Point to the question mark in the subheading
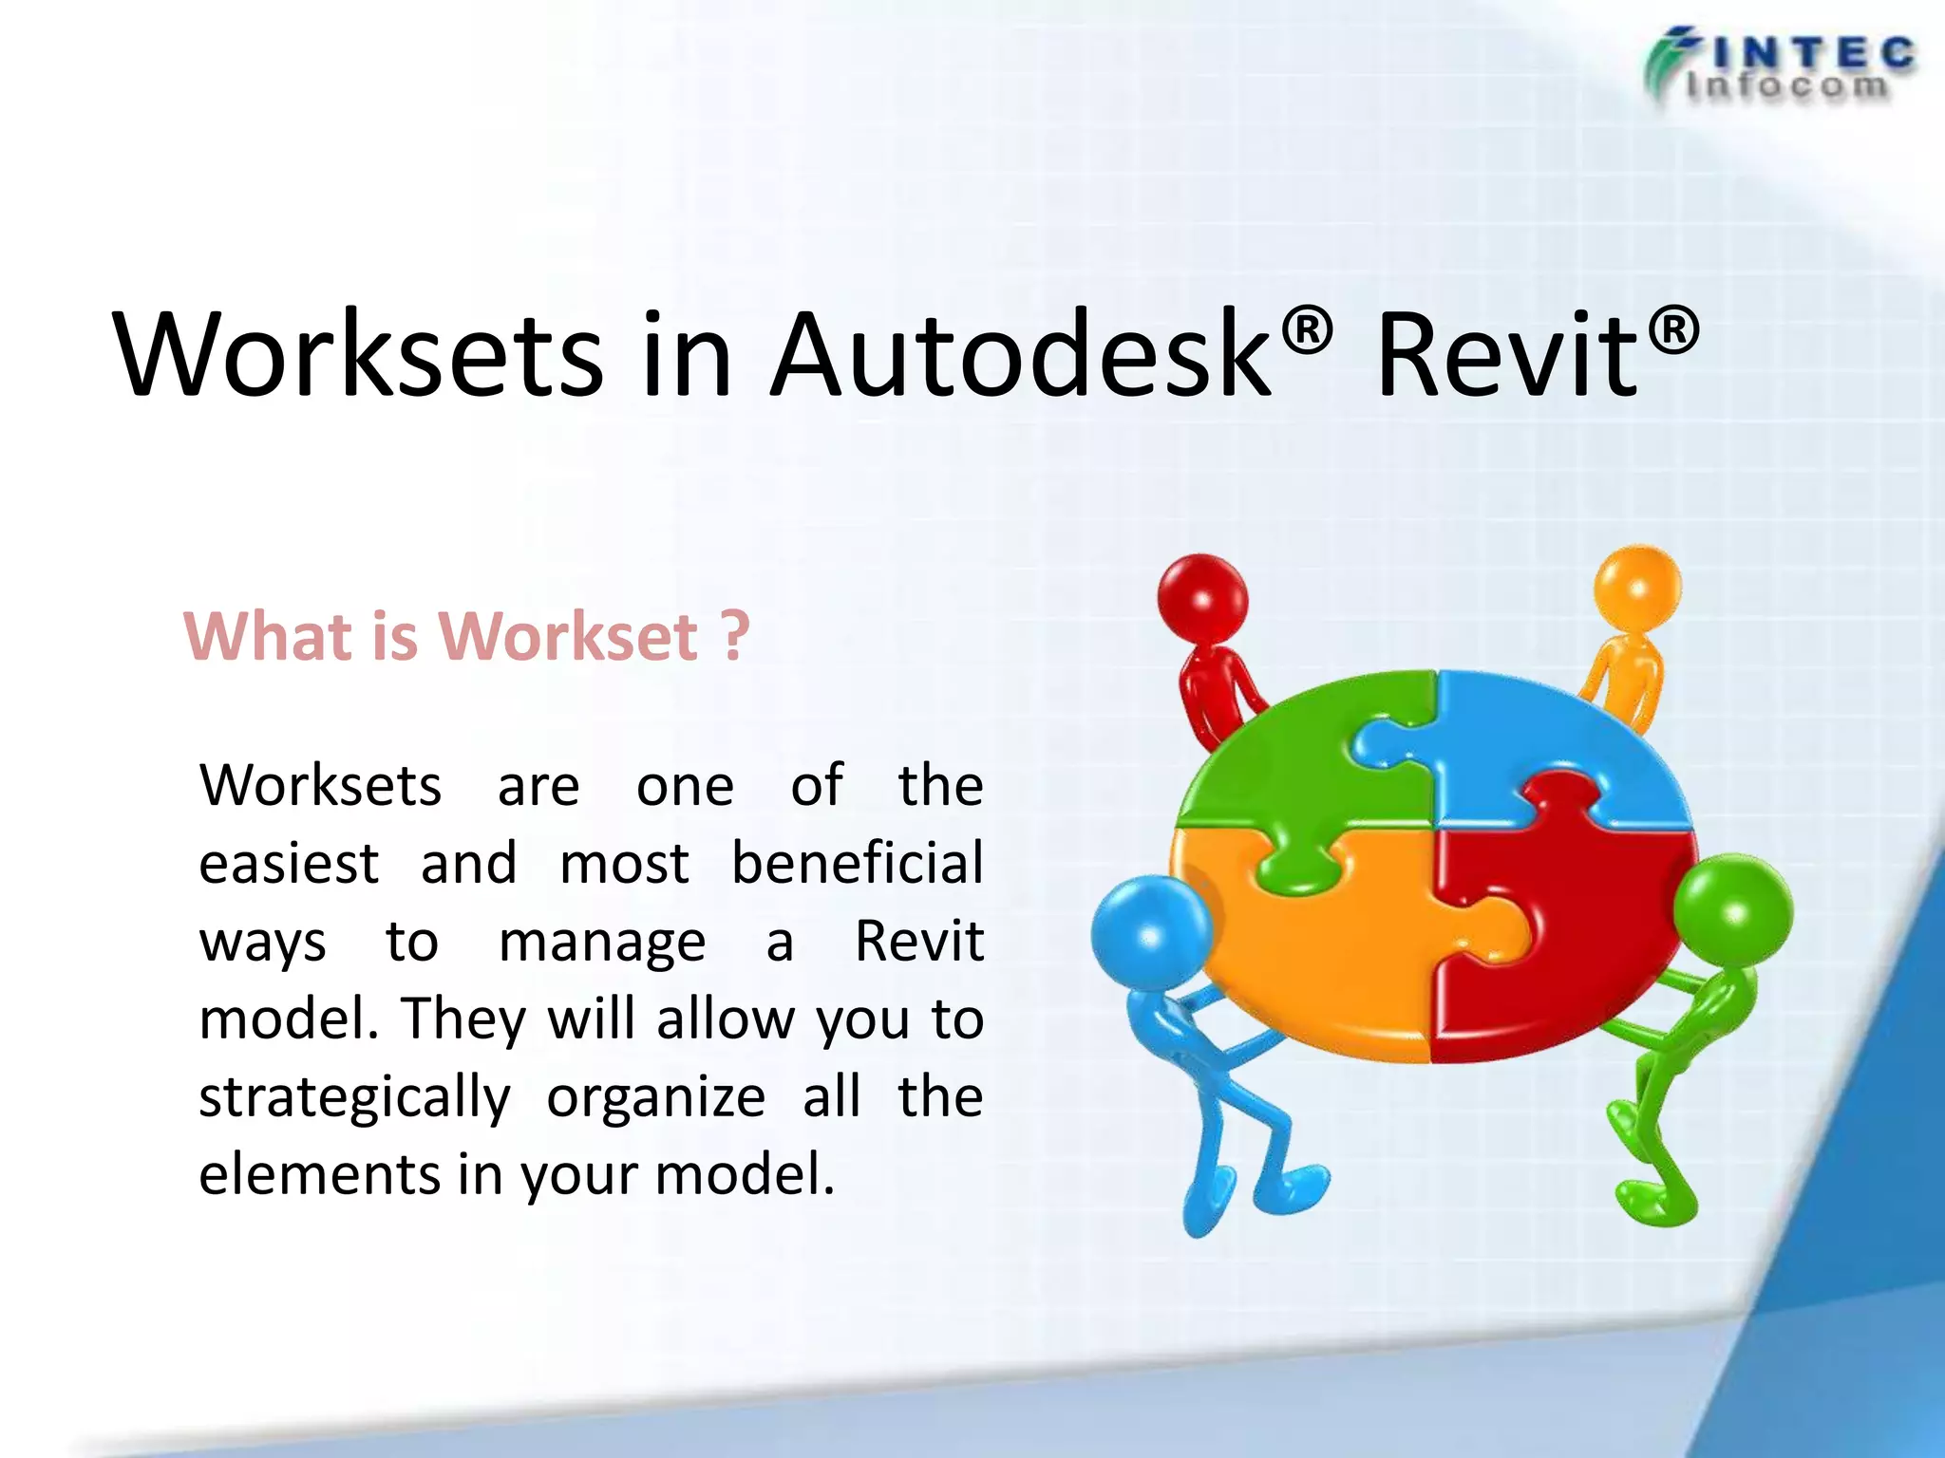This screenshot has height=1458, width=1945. click(x=734, y=636)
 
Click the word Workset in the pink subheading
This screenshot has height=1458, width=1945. click(x=569, y=636)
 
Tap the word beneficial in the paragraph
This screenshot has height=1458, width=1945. click(x=857, y=864)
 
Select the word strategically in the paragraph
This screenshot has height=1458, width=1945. click(x=354, y=1098)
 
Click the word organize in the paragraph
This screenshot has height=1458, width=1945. click(x=655, y=1098)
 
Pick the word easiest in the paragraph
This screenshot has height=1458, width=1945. click(x=289, y=864)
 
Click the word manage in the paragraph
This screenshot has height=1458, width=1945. click(x=602, y=943)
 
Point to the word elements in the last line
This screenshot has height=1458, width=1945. click(x=319, y=1174)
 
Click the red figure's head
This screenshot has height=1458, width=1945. click(x=1202, y=598)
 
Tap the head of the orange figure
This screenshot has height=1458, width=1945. click(x=1637, y=589)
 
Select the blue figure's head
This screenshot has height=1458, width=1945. click(x=1151, y=936)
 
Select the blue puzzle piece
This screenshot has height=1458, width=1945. click(x=1558, y=740)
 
